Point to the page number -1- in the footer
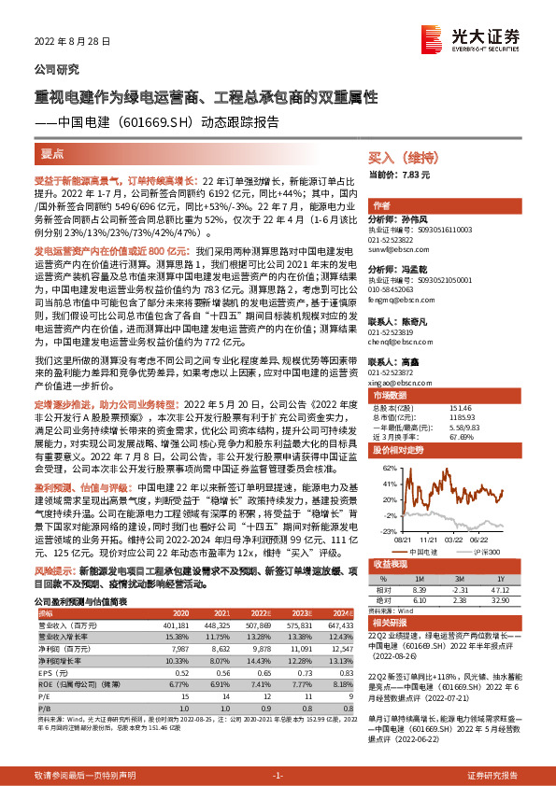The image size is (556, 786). [x=278, y=776]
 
